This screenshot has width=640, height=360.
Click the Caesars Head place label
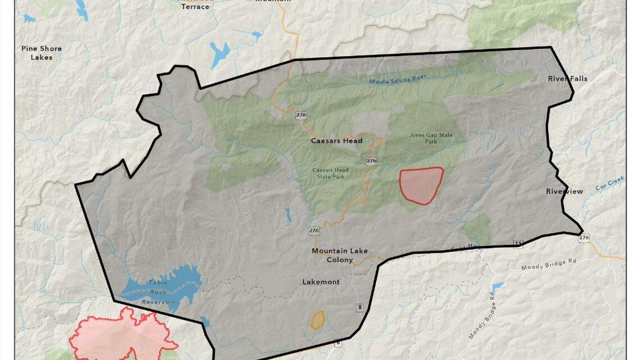(337, 141)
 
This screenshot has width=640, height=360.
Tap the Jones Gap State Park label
(431, 138)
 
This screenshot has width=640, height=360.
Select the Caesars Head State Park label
(331, 174)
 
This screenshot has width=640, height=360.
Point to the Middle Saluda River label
(397, 79)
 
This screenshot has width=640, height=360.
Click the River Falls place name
(568, 79)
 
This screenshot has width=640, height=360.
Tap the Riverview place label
(564, 192)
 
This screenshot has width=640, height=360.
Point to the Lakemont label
(321, 282)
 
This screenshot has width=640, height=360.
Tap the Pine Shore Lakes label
(42, 53)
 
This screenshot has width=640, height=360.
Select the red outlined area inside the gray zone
(420, 185)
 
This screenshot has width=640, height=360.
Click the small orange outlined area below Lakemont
(318, 320)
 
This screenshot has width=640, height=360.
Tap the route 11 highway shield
(518, 243)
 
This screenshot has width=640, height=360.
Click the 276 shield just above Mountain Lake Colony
(314, 231)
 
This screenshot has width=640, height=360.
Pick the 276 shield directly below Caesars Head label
(371, 161)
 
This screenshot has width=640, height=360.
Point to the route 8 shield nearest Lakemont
(358, 307)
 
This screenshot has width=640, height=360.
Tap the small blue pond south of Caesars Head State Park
(288, 214)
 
